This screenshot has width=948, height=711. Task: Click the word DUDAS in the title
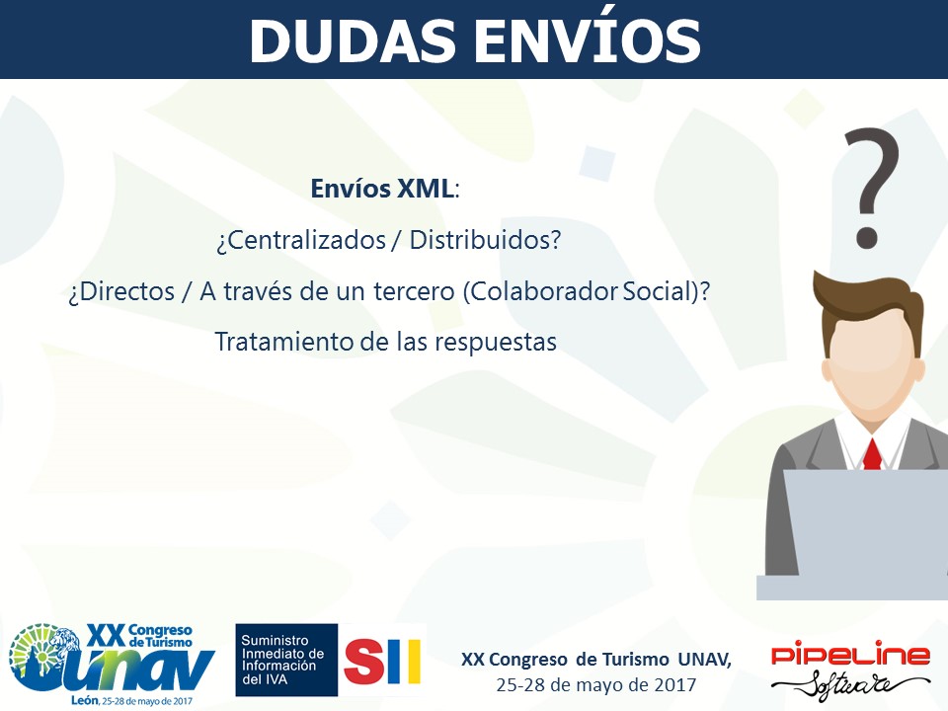(353, 41)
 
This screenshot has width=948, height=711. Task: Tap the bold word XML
(425, 189)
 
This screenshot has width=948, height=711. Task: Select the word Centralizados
(301, 240)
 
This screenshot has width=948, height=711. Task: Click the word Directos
(121, 291)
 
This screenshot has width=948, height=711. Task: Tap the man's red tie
(872, 455)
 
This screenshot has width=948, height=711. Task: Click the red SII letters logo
(382, 661)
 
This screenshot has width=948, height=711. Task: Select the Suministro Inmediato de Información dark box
(286, 660)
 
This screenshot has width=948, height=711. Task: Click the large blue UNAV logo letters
(118, 670)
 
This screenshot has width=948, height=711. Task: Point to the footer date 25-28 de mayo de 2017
(596, 685)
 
